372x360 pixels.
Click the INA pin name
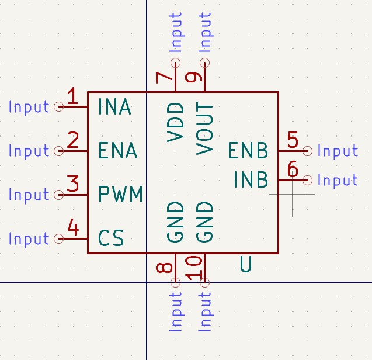(x=114, y=107)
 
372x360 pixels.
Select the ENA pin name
(x=117, y=151)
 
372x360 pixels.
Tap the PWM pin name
(x=120, y=194)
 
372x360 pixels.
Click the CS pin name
(x=111, y=238)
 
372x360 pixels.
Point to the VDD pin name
(x=175, y=122)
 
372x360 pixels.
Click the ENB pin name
(x=248, y=151)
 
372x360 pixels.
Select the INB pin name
(x=251, y=179)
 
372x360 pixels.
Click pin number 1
(x=72, y=96)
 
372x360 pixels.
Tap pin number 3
(x=72, y=184)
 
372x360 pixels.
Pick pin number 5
(x=293, y=140)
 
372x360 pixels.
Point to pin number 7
(x=165, y=77)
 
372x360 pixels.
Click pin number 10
(x=194, y=267)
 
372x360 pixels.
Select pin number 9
(x=194, y=77)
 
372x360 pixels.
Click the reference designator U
(x=246, y=265)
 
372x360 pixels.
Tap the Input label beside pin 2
(x=29, y=151)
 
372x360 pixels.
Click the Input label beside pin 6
(x=338, y=180)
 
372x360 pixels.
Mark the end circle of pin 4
(x=58, y=238)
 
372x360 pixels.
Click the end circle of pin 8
(x=175, y=282)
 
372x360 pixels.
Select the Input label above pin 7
(x=176, y=32)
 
